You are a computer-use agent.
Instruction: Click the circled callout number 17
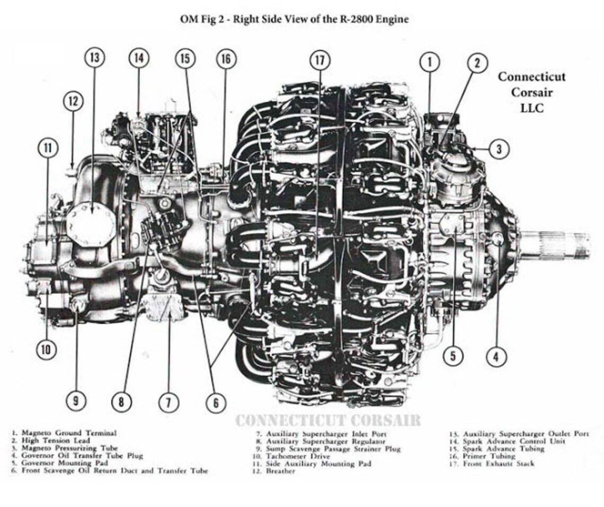click(x=319, y=60)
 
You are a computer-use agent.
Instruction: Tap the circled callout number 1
click(x=430, y=62)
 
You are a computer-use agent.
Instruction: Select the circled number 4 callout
click(x=496, y=357)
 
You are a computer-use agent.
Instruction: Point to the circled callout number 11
click(x=48, y=148)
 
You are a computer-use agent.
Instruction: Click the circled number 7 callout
click(x=168, y=402)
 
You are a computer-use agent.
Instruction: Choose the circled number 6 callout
click(x=216, y=403)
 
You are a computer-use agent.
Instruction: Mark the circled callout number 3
click(x=499, y=149)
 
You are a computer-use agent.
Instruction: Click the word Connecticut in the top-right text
click(x=531, y=77)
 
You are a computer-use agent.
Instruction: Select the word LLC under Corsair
click(x=531, y=108)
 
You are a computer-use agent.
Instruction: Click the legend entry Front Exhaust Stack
click(x=499, y=464)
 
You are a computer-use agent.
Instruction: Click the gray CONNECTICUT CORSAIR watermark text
click(x=327, y=421)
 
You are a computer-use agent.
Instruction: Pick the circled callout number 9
click(x=76, y=402)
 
